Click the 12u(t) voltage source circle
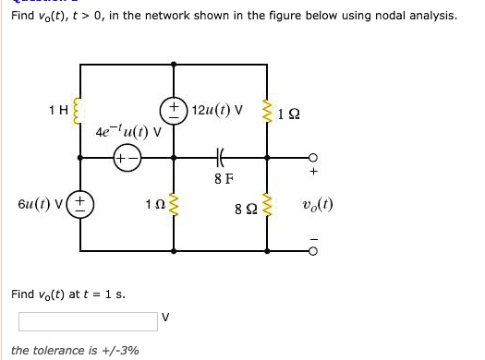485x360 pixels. pyautogui.click(x=174, y=111)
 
